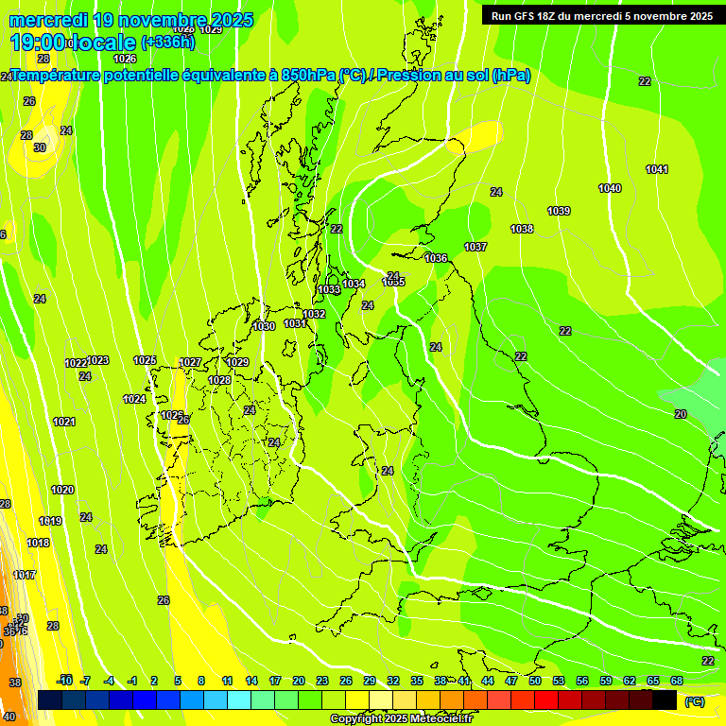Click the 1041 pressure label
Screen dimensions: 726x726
(x=657, y=169)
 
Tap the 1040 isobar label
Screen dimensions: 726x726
(x=610, y=189)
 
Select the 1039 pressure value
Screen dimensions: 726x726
(x=559, y=211)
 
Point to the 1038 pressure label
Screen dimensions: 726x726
(x=522, y=229)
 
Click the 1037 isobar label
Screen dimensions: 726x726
(x=475, y=247)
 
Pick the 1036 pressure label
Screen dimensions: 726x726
(x=436, y=258)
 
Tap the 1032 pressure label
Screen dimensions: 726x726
(x=314, y=314)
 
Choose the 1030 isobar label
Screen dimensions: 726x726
(x=265, y=326)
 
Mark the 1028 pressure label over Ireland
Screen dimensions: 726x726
(x=219, y=380)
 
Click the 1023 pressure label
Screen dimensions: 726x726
(x=98, y=360)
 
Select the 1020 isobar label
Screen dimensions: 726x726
(x=62, y=490)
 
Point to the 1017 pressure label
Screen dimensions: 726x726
(x=25, y=575)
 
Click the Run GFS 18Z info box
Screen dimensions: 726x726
(x=601, y=15)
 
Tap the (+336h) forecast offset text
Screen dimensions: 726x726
(x=168, y=42)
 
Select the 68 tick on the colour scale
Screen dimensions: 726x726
(x=677, y=681)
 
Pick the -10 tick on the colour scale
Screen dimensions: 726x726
(x=64, y=681)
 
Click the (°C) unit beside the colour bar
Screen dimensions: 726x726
(x=694, y=700)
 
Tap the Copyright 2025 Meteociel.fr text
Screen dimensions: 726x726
(x=401, y=719)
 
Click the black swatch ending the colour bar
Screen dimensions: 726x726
(x=665, y=700)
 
